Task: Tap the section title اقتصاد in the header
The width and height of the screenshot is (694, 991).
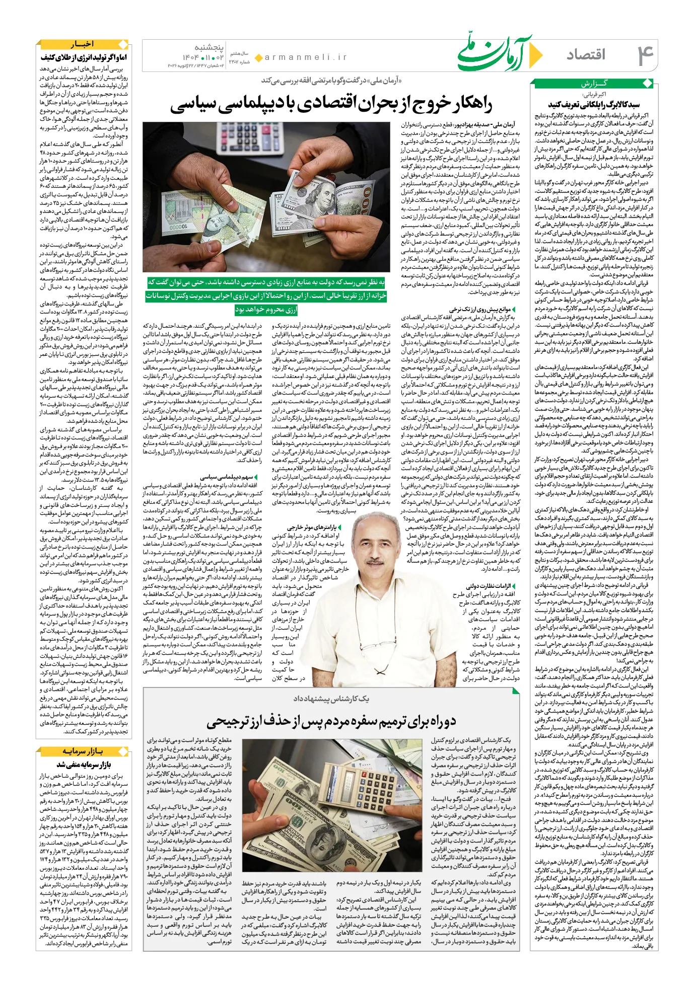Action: (586, 54)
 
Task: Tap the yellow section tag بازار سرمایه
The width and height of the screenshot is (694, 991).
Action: (83, 751)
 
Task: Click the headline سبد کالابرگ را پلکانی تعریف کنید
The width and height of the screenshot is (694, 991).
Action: (593, 104)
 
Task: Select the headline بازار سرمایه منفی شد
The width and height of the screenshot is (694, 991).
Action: (84, 765)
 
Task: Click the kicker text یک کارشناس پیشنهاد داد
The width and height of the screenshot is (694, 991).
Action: (331, 699)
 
